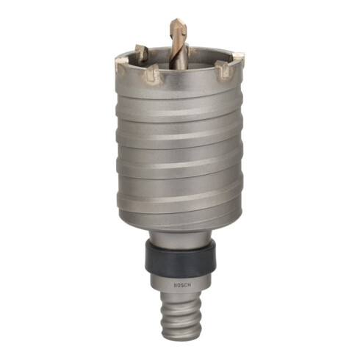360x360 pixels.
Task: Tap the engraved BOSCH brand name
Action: [182, 285]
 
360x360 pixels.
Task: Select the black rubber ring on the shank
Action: [181, 260]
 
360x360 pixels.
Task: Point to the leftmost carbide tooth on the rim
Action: [120, 65]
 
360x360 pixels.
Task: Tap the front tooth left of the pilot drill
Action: [151, 73]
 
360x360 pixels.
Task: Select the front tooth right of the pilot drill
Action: [223, 70]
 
